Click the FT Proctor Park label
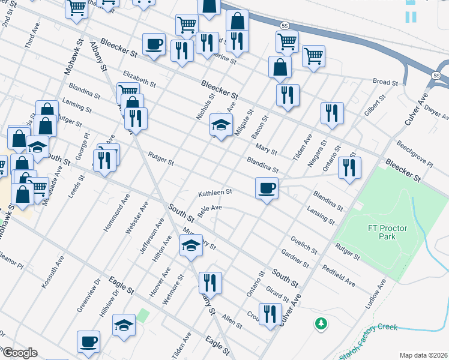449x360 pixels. click(x=382, y=232)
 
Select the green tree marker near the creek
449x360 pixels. click(x=322, y=323)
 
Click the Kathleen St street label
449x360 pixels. click(x=215, y=193)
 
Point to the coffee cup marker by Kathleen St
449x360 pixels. click(x=267, y=188)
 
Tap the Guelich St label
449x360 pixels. click(x=304, y=245)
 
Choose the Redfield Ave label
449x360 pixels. click(x=339, y=275)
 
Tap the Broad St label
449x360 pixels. click(x=385, y=82)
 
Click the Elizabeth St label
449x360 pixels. click(x=139, y=79)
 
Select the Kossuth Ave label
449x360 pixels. click(x=52, y=274)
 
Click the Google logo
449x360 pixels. click(x=19, y=353)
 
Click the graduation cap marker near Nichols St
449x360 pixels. click(x=221, y=126)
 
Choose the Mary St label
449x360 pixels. click(x=266, y=149)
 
